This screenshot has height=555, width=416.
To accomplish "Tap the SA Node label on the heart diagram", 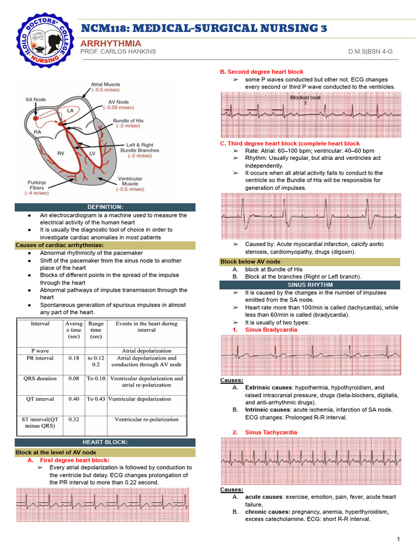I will click(36, 99).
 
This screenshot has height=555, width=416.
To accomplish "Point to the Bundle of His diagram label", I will click(128, 121).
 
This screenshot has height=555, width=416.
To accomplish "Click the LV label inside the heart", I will click(92, 153).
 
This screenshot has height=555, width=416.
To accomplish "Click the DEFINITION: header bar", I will click(105, 207).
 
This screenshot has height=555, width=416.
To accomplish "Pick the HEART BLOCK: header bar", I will click(105, 442).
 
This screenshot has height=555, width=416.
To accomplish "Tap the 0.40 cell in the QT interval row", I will click(74, 399).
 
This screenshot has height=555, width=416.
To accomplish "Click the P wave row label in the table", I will click(41, 351).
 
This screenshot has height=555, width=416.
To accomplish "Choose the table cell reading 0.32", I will click(74, 420).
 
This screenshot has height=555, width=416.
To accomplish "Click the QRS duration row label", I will click(41, 378).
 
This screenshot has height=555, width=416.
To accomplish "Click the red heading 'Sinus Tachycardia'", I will click(271, 432).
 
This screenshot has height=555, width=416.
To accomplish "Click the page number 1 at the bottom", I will click(398, 539).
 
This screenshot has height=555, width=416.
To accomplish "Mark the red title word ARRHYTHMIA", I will click(110, 43).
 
